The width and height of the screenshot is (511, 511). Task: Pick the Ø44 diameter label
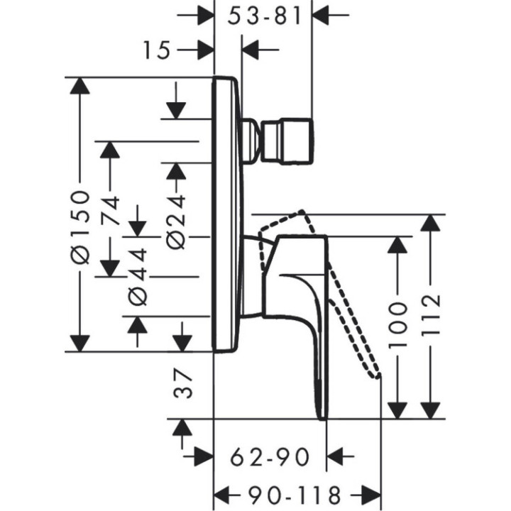tap(138, 277)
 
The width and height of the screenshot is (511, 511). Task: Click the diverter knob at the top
tap(284, 139)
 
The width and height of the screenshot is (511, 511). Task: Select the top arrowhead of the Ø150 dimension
tap(82, 88)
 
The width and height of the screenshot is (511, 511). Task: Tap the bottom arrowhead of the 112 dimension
tap(430, 409)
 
